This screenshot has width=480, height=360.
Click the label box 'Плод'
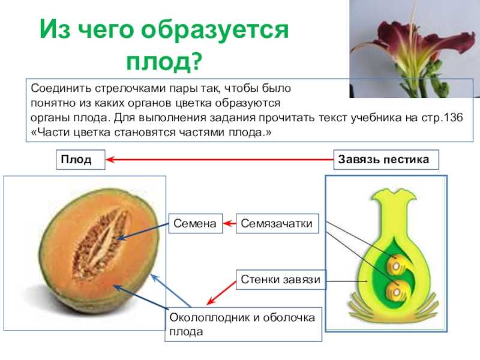pos(80,160)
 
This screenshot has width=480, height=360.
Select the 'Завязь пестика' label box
pos(386,160)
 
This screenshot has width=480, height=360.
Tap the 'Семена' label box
pos(196,223)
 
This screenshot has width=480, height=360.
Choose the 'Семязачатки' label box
pos(277,223)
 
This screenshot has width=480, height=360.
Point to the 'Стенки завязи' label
pos(281,280)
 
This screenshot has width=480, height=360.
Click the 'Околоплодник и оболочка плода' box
pos(244,325)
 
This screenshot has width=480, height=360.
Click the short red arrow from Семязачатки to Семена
pos(229,223)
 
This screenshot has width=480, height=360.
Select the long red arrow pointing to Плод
pos(220,160)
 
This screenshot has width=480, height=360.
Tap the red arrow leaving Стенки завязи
pos(221,293)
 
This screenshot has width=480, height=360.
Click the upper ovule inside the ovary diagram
pos(396,265)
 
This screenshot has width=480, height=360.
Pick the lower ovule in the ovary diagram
pos(396,292)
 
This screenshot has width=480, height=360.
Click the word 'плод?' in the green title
pos(164,62)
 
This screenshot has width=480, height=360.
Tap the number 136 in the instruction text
pos(452,118)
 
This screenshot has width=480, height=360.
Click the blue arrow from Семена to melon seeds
pos(143,232)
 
